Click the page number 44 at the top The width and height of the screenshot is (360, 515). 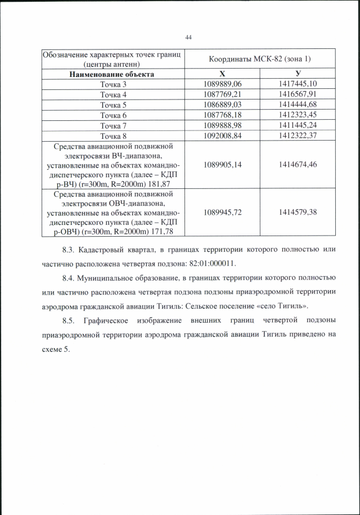(x=188, y=37)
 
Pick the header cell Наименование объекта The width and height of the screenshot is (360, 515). (x=111, y=74)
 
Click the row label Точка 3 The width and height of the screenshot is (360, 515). (x=113, y=84)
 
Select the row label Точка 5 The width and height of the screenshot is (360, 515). (x=113, y=105)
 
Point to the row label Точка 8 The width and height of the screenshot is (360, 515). (x=113, y=135)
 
